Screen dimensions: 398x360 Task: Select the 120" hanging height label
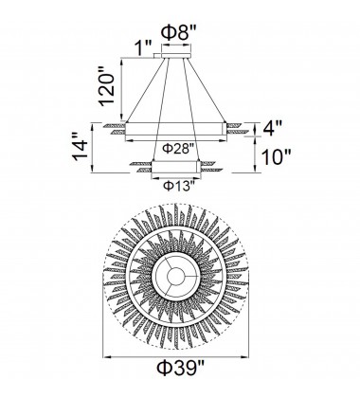pos(112,87)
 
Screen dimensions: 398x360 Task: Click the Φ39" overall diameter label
pos(180,380)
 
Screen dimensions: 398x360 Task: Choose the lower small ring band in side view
pos(177,164)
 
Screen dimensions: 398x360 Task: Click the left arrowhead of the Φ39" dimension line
pos(104,358)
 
